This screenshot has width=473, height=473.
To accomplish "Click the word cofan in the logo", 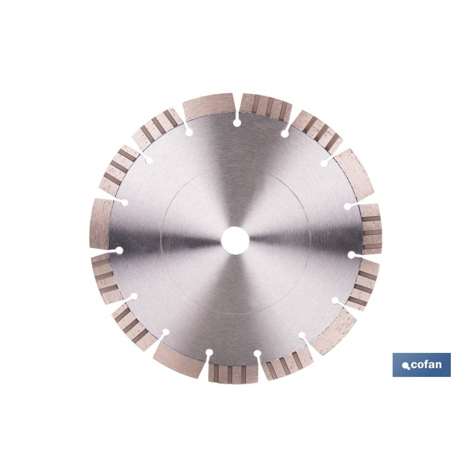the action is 426,364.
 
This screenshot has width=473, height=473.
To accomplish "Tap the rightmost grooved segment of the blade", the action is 371,229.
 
